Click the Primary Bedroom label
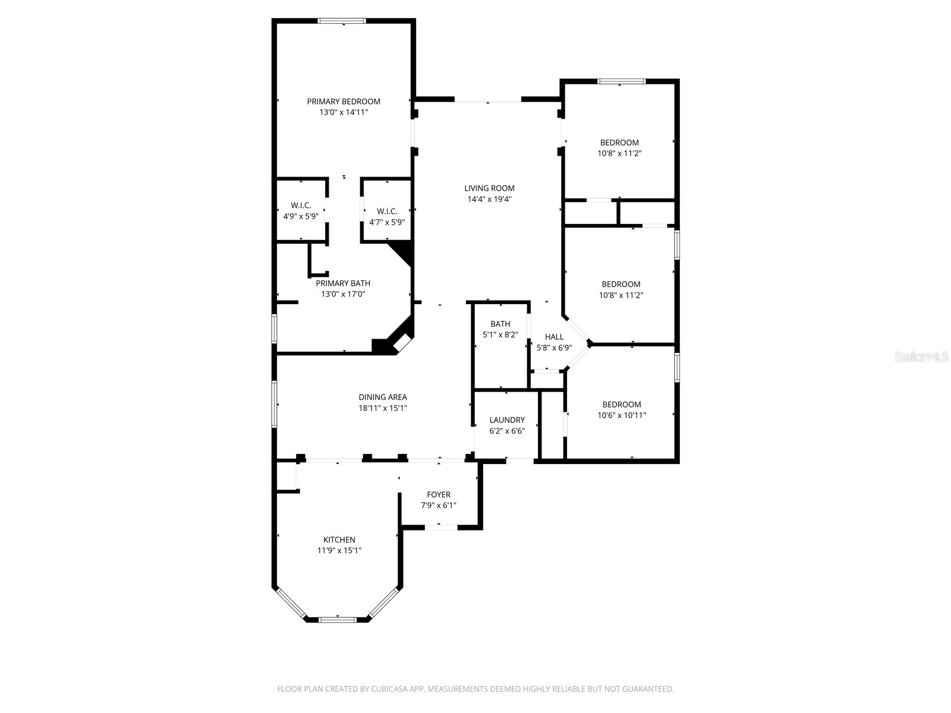pyautogui.click(x=344, y=102)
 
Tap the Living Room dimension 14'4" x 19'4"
pyautogui.click(x=489, y=199)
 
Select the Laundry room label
pyautogui.click(x=507, y=420)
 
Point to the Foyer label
pyautogui.click(x=439, y=494)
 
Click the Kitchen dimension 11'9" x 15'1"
pyautogui.click(x=339, y=551)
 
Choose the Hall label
pyautogui.click(x=554, y=337)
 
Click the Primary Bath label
pyautogui.click(x=343, y=283)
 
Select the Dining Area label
pyautogui.click(x=383, y=397)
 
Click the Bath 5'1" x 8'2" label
pyautogui.click(x=500, y=324)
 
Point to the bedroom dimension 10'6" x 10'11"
pyautogui.click(x=622, y=415)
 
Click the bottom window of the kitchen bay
pyautogui.click(x=338, y=620)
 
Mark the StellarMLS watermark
pyautogui.click(x=921, y=357)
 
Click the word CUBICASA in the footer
pyautogui.click(x=389, y=689)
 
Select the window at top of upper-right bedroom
pyautogui.click(x=621, y=81)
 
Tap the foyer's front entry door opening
pyautogui.click(x=440, y=526)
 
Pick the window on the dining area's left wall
pyautogui.click(x=275, y=404)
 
